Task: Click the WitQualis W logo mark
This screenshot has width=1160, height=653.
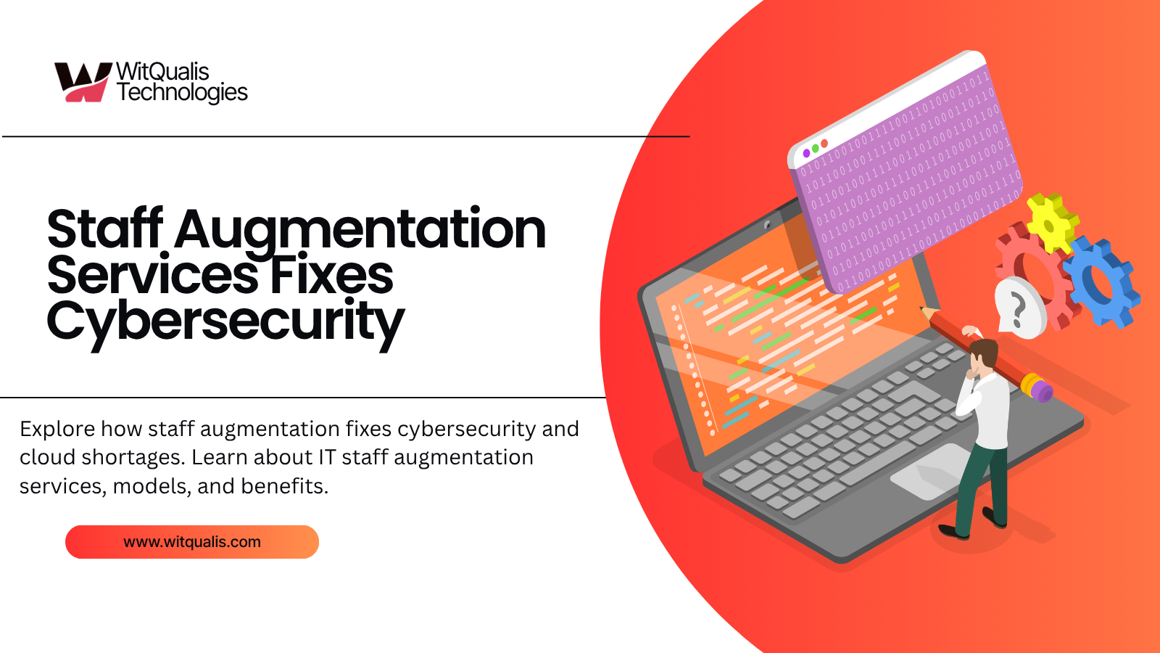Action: tap(81, 81)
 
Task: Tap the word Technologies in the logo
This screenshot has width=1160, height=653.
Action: tap(182, 93)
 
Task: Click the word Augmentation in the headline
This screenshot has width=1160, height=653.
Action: tap(360, 231)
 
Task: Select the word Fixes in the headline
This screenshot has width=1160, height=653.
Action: tap(331, 276)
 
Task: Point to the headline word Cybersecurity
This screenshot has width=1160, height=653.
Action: tap(225, 322)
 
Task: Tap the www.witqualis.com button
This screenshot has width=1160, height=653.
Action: tap(192, 542)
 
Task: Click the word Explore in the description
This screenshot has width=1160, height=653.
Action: tap(57, 430)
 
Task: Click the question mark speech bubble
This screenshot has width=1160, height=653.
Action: tap(1019, 308)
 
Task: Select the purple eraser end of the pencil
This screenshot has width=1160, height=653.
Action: tap(1042, 393)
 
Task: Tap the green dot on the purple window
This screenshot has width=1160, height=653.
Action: tap(816, 148)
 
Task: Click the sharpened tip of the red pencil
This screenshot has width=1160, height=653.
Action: tap(923, 309)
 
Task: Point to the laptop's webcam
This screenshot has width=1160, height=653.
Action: tap(767, 225)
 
